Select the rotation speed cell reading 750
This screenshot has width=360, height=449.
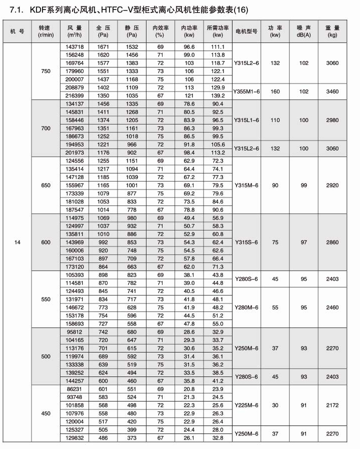coord(46,71)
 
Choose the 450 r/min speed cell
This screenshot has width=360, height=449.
coord(46,413)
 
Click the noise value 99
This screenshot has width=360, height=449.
coord(302,185)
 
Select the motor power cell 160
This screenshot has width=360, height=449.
coord(274,91)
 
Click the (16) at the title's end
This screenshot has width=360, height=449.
coord(240,9)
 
